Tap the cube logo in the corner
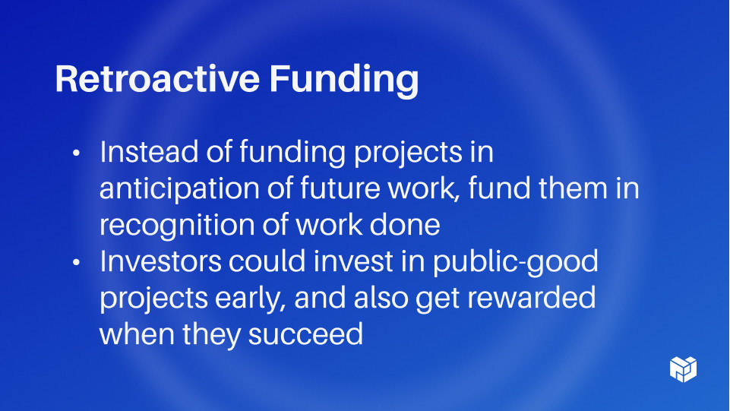click(x=684, y=368)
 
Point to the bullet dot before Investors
click(x=76, y=263)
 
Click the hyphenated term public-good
click(x=516, y=263)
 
